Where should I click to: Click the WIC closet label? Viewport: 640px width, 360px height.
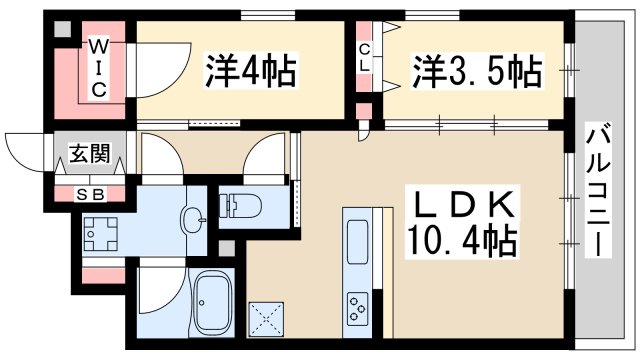tap(100, 67)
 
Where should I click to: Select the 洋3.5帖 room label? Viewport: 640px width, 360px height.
tap(478, 71)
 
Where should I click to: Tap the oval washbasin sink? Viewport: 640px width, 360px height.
tap(192, 219)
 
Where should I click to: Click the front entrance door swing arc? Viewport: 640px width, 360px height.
tap(22, 150)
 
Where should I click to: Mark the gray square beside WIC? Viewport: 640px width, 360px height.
tap(62, 30)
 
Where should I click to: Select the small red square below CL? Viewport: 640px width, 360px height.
tap(364, 109)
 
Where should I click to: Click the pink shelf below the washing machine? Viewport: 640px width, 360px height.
tap(100, 273)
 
